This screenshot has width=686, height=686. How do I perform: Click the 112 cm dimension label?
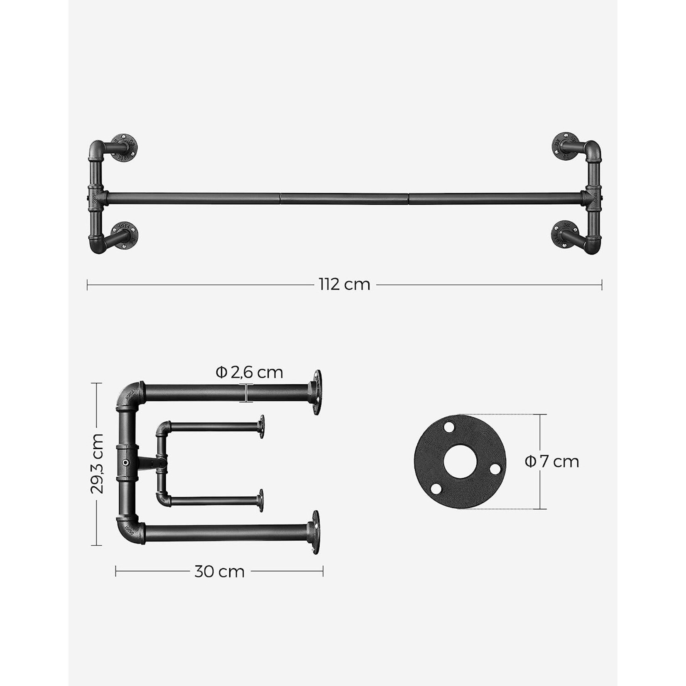pos(344,285)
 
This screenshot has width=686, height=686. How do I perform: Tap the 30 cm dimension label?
pos(219,572)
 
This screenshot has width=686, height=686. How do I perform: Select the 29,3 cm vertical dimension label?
pos(97,464)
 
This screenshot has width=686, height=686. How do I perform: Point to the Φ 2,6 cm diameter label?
pos(249,372)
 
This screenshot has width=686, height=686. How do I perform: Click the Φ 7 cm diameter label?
pos(552,461)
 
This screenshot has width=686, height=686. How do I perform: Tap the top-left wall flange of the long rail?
pos(124,148)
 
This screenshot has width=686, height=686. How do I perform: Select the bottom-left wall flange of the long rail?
pos(125,235)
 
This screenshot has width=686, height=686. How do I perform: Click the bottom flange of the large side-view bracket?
pos(316,533)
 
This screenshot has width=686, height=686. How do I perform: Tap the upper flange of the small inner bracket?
pos(261,426)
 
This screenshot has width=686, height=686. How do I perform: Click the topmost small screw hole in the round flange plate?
pos(448,427)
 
